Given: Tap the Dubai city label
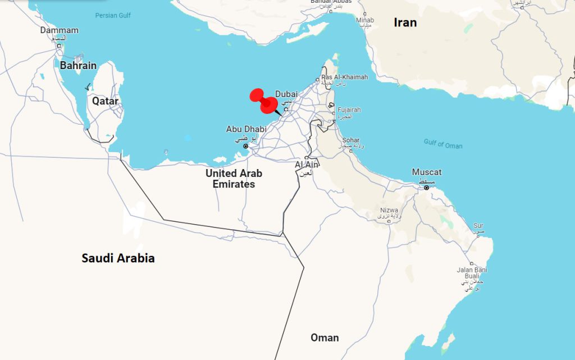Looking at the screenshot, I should pos(286,94).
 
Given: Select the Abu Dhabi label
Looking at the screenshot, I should pos(246,129).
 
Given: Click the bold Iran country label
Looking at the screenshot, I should pos(405,22).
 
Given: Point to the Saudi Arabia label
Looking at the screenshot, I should pos(118,258).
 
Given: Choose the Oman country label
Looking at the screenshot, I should pos(325,338).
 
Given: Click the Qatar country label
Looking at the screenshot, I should pos(106,101).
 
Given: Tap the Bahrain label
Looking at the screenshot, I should pos(78,66).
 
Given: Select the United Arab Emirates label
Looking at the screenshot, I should pos(234,179).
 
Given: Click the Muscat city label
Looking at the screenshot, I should pos(427,172).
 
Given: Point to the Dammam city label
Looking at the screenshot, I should pos(59,30).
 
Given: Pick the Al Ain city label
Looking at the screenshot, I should pos(307,165).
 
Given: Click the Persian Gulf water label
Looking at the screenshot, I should pos(113,15).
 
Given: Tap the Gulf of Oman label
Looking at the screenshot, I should pos(443,144).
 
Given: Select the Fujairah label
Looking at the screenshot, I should pos(349,110).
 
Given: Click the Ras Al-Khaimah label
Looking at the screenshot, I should pos(344,77).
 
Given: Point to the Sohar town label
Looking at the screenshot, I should pos(351,140).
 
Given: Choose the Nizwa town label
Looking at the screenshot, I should pos(389,211).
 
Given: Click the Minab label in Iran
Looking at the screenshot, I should pos(364,20).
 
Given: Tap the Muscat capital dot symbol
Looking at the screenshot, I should pos(426,188).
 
